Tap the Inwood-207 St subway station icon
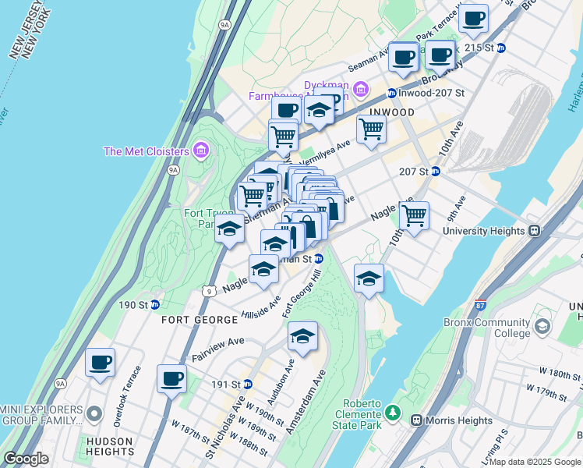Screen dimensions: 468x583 coord(390,94)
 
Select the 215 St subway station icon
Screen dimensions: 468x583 coord(501,48)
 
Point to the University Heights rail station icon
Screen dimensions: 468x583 coord(535,231)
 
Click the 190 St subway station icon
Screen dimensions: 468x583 coord(155,305)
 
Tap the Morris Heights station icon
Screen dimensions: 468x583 coord(416,420)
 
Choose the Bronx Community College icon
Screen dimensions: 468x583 coord(542,324)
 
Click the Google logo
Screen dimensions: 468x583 coord(26,459)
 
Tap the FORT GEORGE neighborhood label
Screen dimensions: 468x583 coord(200,321)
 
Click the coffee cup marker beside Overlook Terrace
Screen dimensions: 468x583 coord(101,363)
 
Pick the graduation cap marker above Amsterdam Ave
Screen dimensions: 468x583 coord(302,337)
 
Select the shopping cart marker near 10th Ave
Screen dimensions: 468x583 coord(414,215)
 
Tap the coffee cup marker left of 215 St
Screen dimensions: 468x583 coord(473,17)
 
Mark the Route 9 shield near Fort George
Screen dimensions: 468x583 coord(207,291)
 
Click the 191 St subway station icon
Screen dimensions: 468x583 coord(247,384)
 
